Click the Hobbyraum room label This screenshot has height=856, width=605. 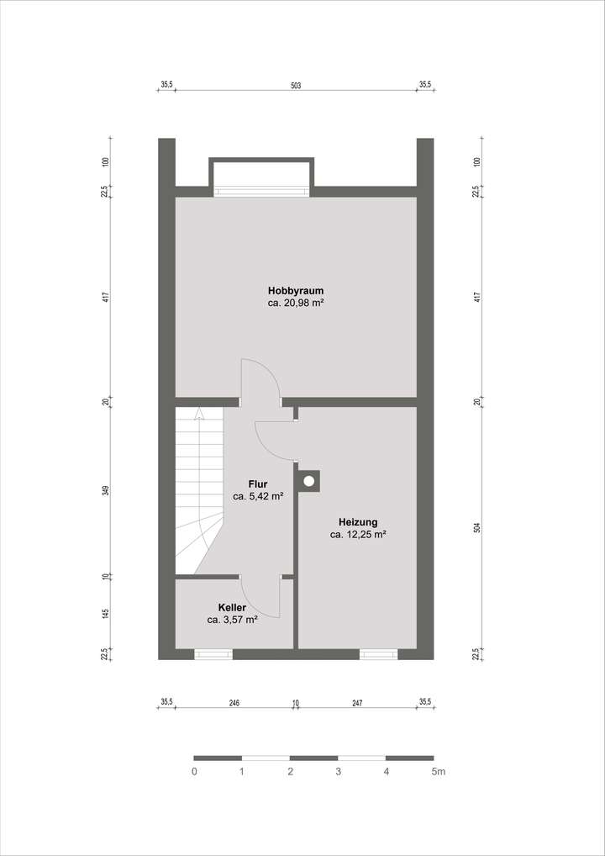(295, 291)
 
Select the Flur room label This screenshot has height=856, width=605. (258, 484)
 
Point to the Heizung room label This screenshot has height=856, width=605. (358, 521)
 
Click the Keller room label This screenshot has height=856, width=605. (232, 607)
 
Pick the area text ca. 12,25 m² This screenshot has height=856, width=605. (358, 534)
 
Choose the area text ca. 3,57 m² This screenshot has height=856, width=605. (232, 620)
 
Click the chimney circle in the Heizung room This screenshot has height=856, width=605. (309, 481)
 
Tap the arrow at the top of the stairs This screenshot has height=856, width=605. (199, 413)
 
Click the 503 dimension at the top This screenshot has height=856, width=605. (296, 85)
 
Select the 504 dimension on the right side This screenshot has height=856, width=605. (476, 528)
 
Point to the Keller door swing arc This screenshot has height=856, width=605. (274, 599)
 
